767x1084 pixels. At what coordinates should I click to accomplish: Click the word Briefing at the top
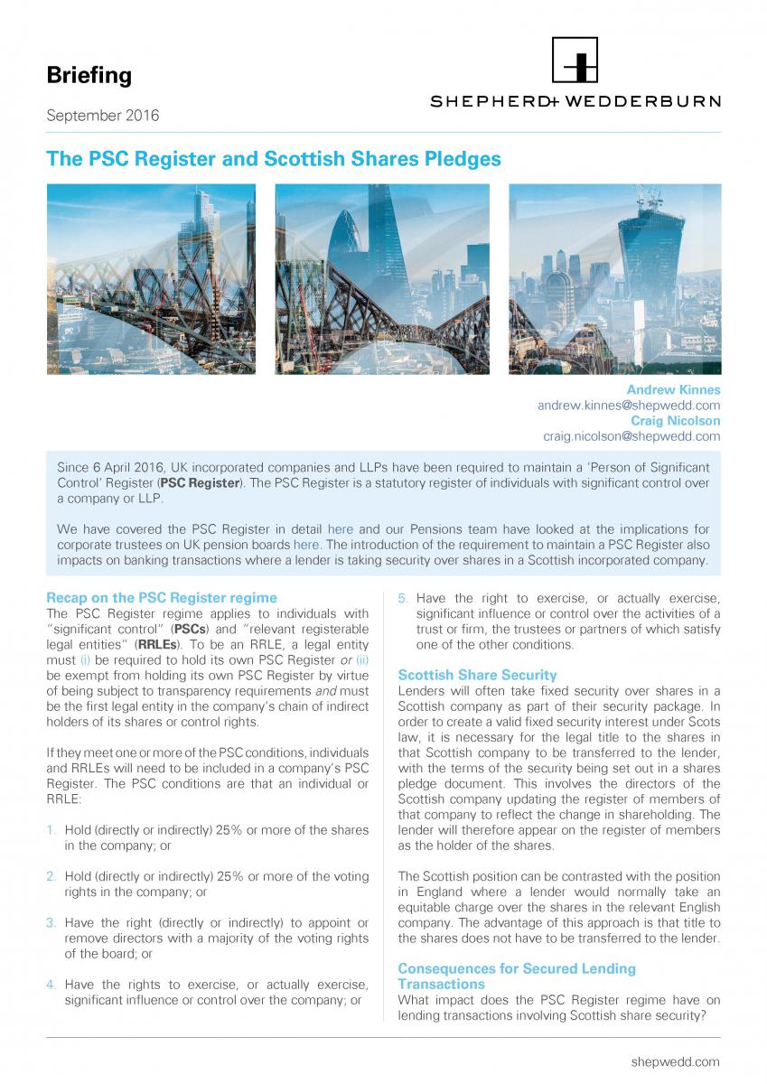tap(89, 75)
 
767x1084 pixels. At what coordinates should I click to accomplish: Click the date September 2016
tap(102, 116)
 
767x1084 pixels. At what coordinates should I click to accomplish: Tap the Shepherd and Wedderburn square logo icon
tap(575, 61)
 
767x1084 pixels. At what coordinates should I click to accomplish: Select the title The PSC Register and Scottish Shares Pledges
tap(273, 159)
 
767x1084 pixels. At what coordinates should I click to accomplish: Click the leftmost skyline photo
tap(151, 279)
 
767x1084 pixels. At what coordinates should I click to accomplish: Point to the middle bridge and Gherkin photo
tap(381, 279)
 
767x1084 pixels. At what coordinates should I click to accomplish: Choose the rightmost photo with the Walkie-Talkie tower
tap(614, 279)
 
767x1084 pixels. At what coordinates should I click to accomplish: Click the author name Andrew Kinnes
tap(673, 390)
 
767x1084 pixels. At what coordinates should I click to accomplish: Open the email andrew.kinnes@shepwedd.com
tap(629, 406)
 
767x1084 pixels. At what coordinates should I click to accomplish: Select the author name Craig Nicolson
tap(676, 421)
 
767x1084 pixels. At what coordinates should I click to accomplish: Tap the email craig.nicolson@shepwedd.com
tap(631, 436)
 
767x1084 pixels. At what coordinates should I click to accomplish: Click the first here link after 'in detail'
tap(341, 529)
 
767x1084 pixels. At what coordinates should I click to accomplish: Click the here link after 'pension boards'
tap(306, 545)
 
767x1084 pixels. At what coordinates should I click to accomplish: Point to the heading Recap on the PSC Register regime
tap(162, 597)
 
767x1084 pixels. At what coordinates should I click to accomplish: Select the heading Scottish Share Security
tap(477, 675)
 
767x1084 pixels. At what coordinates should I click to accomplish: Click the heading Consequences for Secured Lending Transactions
tap(516, 976)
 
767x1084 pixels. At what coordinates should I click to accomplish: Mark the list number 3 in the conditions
tap(51, 923)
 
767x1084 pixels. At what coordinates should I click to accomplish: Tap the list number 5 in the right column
tap(403, 598)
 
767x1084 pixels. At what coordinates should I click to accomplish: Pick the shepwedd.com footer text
tap(675, 1061)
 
